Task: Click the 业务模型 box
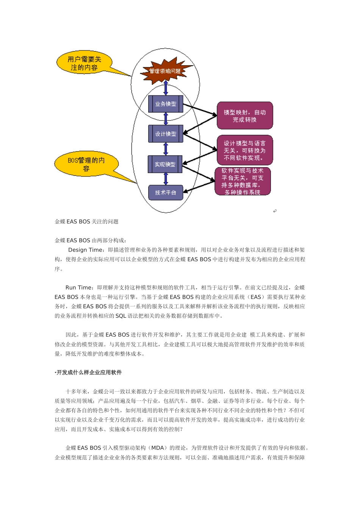(166, 104)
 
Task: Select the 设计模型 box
(166, 134)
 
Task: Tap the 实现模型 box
(165, 164)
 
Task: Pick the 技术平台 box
(166, 193)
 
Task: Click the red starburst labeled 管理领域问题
(165, 71)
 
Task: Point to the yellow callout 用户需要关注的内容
(84, 63)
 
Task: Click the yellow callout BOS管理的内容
(86, 164)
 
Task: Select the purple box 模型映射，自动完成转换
(245, 116)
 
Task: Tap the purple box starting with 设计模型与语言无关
(245, 150)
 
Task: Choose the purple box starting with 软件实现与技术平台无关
(243, 182)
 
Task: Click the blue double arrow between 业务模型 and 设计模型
(166, 119)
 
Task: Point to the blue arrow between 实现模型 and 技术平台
(166, 179)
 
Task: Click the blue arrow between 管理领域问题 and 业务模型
(166, 88)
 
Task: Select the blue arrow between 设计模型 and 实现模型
(166, 149)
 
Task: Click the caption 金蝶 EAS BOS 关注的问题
(87, 222)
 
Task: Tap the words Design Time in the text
(85, 250)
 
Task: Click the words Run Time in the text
(78, 287)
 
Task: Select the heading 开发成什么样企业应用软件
(89, 373)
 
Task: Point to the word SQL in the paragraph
(121, 316)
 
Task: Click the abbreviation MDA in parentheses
(157, 448)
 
